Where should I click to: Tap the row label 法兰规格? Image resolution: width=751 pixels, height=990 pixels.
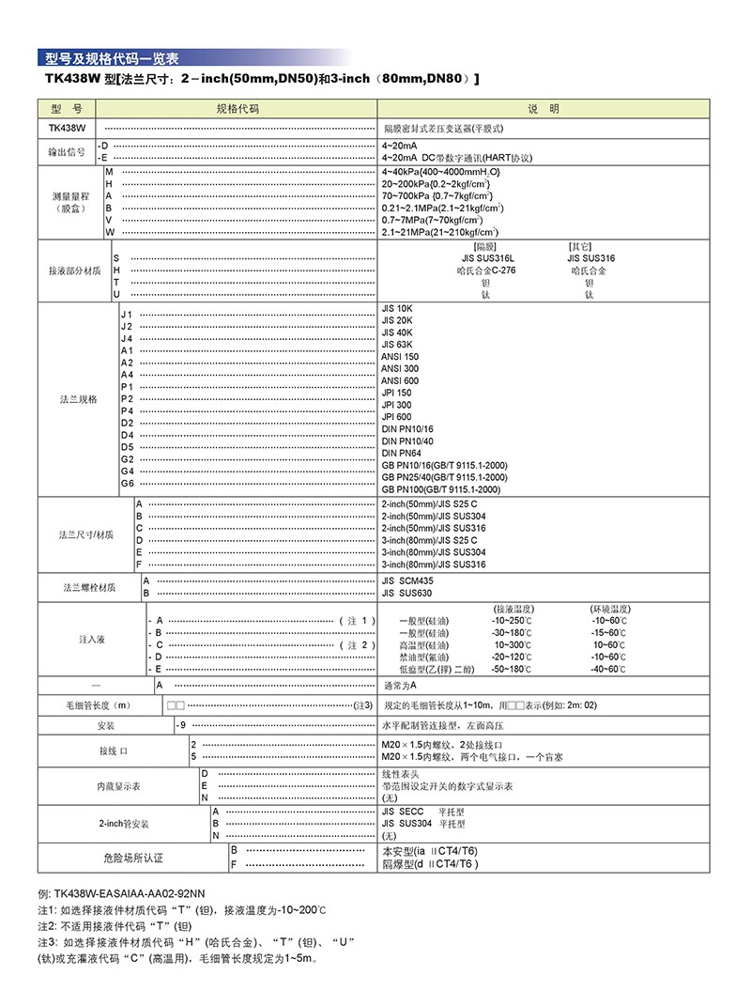coord(79,399)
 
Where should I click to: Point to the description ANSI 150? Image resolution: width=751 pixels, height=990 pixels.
coord(400,357)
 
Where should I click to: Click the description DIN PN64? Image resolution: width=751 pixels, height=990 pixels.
coord(402,453)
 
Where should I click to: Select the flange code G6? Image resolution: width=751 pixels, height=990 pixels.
coord(127,483)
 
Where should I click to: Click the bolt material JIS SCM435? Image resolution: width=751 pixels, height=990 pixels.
coord(413,581)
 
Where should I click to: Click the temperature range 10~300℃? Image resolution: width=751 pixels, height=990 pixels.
coord(513,645)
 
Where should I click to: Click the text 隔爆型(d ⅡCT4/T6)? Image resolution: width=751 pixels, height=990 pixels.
coord(431,863)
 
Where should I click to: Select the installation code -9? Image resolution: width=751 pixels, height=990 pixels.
coord(183,725)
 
